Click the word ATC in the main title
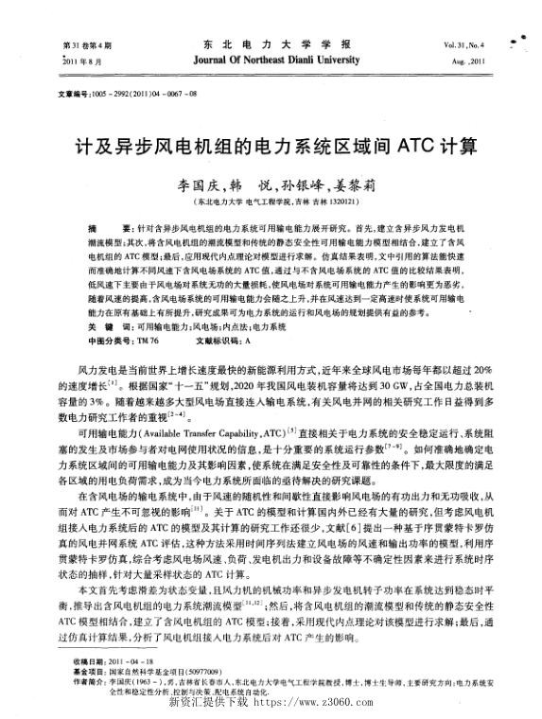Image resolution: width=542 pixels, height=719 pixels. (410, 147)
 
